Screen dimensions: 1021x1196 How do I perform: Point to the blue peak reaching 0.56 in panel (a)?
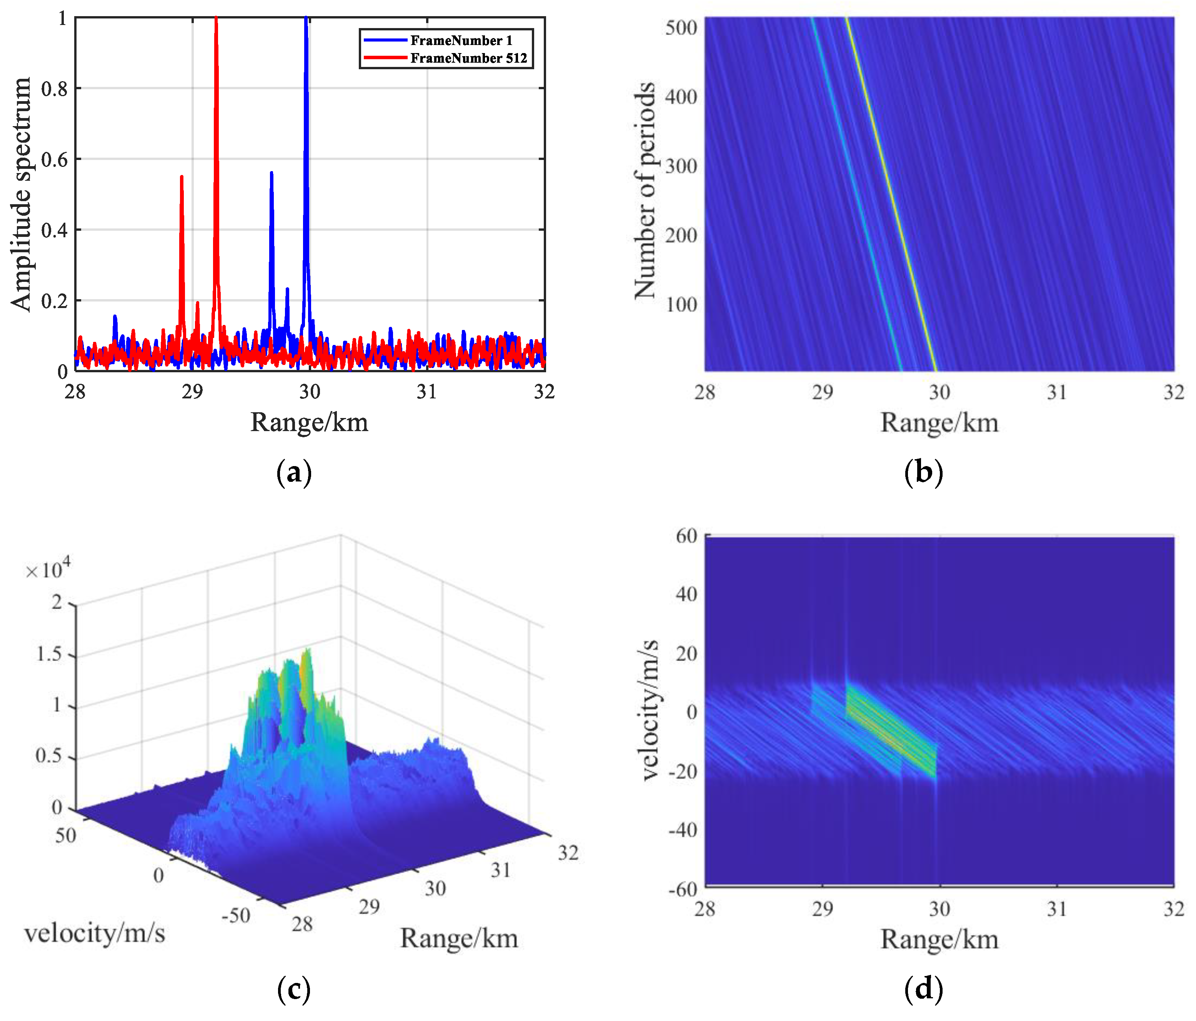tap(271, 173)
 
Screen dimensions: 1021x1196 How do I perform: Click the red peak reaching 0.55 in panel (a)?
tap(182, 177)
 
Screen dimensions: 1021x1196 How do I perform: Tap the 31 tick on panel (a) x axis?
tap(426, 392)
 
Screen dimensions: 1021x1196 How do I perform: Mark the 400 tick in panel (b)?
tap(681, 97)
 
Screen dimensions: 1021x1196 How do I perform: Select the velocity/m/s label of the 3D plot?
tap(95, 933)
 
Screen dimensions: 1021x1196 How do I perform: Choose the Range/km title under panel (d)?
tap(939, 939)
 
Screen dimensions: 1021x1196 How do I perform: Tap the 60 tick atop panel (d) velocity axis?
tap(686, 536)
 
